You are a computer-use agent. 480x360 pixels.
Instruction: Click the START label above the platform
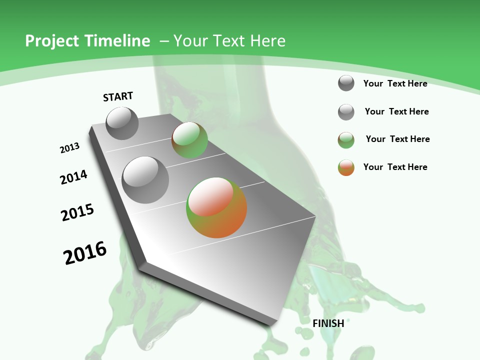118,96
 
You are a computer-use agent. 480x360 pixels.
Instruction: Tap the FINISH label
328,323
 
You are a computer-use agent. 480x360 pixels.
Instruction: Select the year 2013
70,148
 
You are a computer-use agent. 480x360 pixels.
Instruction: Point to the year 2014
74,177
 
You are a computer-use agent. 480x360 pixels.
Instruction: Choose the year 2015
77,212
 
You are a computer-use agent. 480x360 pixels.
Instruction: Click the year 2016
85,253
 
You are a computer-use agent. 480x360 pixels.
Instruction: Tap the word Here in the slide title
268,41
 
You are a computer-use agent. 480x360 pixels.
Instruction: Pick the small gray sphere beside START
122,123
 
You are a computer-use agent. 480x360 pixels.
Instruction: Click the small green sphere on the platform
189,140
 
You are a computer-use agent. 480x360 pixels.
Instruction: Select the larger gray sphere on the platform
145,179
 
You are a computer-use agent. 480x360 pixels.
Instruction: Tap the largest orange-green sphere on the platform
216,207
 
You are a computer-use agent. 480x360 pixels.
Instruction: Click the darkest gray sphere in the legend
346,83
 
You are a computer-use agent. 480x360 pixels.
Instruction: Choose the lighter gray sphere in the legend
346,112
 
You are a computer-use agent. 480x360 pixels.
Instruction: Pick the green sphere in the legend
346,140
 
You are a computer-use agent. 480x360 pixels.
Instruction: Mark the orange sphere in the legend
346,167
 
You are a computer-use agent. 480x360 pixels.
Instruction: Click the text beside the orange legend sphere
395,167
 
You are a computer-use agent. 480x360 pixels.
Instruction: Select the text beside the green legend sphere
397,139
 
